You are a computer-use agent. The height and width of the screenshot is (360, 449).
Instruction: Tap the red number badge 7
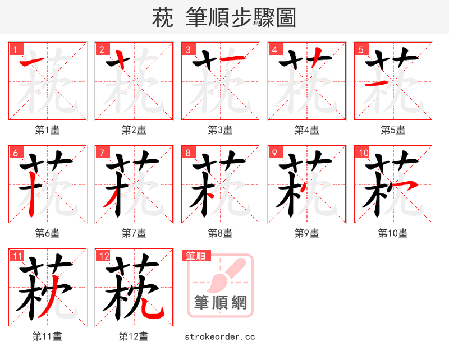point(102,153)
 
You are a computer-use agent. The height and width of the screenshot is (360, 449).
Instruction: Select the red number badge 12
point(103,256)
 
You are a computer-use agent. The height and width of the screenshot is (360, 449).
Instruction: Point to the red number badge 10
point(363,153)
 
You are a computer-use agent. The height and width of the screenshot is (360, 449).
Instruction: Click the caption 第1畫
point(48,130)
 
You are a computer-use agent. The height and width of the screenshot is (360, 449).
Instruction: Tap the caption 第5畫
point(393,130)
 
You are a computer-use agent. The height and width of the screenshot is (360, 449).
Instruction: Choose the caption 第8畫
point(220,233)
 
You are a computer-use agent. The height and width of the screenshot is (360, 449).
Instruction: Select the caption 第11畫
point(48,336)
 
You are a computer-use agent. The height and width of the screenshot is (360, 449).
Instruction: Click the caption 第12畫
point(134,336)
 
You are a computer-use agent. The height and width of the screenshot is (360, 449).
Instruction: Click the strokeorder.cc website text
point(220,336)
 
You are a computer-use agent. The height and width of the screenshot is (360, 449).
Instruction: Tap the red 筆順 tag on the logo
point(196,256)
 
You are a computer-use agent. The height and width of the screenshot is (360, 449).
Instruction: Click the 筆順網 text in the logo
point(221,303)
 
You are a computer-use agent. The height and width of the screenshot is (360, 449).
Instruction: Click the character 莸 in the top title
point(162,18)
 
